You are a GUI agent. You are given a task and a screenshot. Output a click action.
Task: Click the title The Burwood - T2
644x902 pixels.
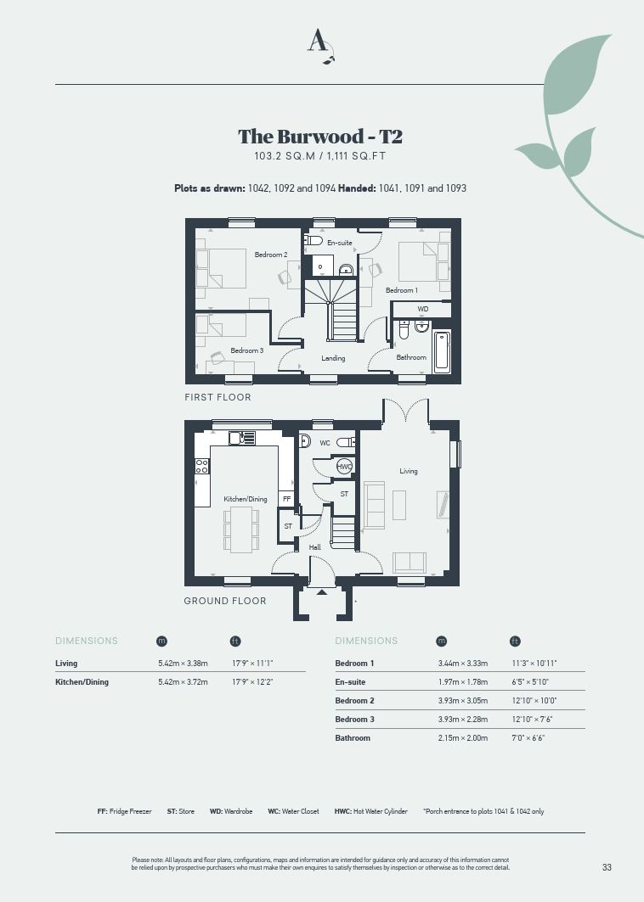click(x=320, y=137)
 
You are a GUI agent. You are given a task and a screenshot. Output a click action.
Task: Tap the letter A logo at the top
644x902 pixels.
click(x=320, y=45)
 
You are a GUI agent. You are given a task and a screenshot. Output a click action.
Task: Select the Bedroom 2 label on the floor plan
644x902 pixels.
click(x=271, y=255)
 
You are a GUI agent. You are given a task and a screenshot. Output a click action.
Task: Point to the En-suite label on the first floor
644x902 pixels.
click(x=339, y=243)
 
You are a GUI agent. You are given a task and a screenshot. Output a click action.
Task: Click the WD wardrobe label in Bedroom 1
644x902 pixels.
click(x=423, y=309)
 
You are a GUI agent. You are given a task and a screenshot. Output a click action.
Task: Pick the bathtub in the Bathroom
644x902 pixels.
click(x=441, y=351)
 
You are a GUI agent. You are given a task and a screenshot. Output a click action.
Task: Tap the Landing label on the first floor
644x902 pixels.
click(x=333, y=358)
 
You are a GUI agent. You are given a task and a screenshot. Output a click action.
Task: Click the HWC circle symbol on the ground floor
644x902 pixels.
click(x=344, y=467)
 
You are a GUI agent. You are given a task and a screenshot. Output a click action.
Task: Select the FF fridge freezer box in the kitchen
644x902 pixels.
click(x=286, y=499)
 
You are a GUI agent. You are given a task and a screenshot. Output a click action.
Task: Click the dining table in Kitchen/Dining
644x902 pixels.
click(x=241, y=529)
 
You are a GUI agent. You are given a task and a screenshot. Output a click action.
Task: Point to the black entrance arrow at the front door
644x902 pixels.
click(x=322, y=591)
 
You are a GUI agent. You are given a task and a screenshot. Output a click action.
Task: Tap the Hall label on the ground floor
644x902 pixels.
click(x=314, y=547)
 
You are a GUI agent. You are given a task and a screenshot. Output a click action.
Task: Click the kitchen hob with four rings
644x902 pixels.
click(x=201, y=466)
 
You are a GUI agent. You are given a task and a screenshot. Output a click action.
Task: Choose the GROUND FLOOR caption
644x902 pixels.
click(x=224, y=601)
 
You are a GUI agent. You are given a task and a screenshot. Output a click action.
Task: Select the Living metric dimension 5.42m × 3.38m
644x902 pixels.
click(x=183, y=664)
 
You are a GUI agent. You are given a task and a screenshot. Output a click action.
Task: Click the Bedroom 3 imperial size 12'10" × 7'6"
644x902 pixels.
click(x=532, y=719)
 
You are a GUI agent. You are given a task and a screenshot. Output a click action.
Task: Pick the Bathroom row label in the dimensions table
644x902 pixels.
click(x=353, y=738)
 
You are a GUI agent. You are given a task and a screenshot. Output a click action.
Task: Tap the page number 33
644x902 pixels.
click(x=607, y=867)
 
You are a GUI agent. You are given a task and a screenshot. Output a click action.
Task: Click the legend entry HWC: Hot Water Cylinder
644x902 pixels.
click(x=370, y=811)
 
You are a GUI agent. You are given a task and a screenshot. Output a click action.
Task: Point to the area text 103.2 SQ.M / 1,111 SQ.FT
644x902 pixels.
click(x=320, y=156)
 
